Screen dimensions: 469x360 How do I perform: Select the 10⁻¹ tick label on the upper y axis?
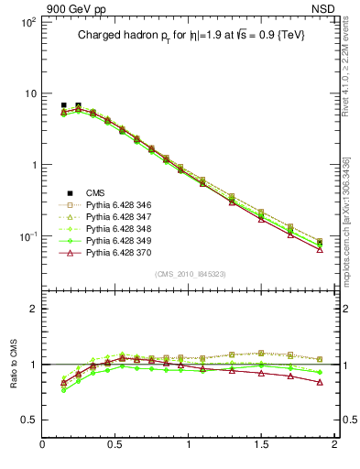tap(27, 236)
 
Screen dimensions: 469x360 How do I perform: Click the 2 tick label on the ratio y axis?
tap(32, 309)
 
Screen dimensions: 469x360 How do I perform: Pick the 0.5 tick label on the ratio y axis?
tap(27, 420)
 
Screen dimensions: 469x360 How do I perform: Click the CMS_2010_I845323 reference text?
tap(190, 274)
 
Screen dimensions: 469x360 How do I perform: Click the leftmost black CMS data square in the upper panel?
tap(63, 105)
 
